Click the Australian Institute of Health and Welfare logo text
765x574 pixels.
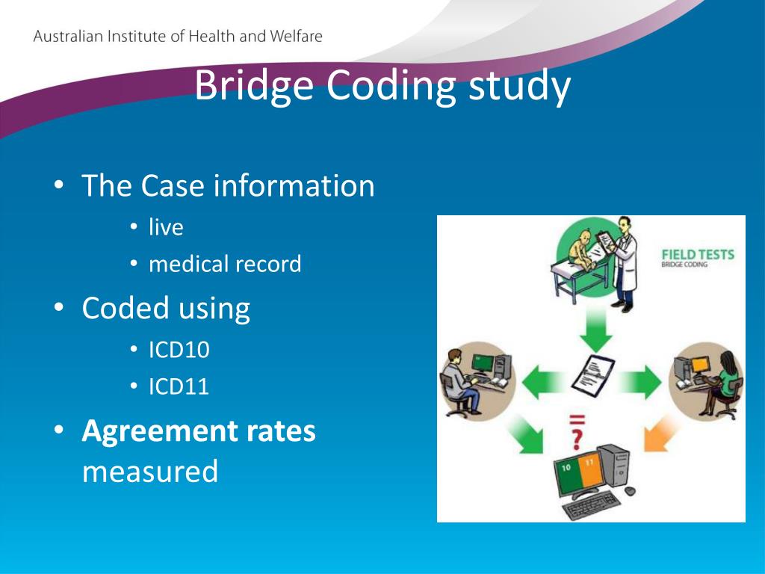(x=178, y=37)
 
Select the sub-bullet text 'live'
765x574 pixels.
(x=165, y=227)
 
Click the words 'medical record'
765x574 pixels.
(x=225, y=264)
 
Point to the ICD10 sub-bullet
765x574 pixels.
(x=179, y=350)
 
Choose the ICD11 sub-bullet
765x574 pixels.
(x=179, y=386)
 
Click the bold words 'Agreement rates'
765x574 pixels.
(x=199, y=431)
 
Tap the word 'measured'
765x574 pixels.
(x=150, y=471)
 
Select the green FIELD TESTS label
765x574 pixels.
(x=698, y=255)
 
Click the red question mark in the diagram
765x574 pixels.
(x=576, y=436)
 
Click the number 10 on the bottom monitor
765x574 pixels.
(x=565, y=465)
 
